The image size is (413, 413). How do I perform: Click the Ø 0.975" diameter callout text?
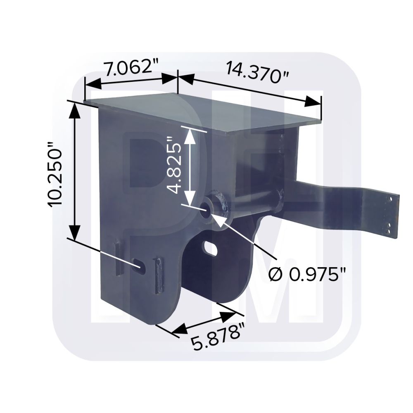(306, 274)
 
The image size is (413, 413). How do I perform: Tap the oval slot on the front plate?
(138, 265)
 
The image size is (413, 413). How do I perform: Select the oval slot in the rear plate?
(210, 247)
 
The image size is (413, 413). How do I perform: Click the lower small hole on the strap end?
(389, 226)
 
